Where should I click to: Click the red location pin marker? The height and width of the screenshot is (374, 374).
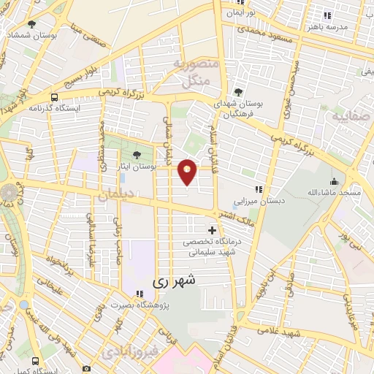coord(188,172)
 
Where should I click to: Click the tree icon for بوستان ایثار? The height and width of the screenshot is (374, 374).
coord(137,154)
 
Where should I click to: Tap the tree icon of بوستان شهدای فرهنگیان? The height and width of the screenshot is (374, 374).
coord(240,91)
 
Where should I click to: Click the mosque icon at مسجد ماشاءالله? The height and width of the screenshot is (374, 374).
coord(335,181)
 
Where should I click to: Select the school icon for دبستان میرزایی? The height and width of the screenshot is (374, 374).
coord(258,189)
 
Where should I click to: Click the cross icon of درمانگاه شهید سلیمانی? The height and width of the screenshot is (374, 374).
coord(211,231)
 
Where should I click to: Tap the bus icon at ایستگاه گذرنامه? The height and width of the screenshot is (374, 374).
coord(55,97)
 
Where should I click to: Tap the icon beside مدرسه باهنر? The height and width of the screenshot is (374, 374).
coord(327,15)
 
